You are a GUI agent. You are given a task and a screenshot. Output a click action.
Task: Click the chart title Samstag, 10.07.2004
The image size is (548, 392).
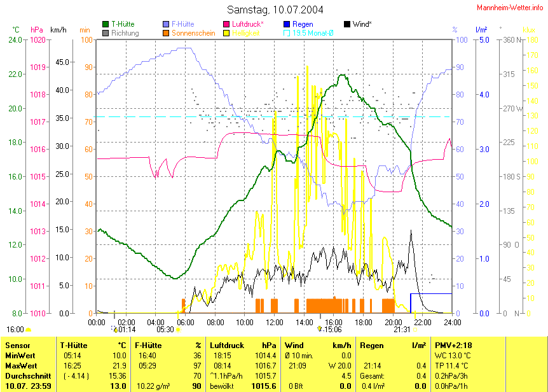point(275,10)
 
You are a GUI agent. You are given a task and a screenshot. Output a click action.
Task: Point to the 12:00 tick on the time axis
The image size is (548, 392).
point(274,322)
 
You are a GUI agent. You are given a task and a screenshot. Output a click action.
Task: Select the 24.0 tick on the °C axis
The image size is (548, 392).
point(15,39)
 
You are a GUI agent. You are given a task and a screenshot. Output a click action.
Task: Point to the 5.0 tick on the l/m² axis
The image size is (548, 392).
point(483,39)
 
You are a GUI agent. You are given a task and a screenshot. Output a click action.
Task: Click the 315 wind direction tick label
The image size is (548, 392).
point(509,74)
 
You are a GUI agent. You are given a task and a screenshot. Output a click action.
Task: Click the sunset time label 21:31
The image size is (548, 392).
point(402,330)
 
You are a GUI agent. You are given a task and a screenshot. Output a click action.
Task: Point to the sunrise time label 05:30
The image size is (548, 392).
point(165,330)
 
